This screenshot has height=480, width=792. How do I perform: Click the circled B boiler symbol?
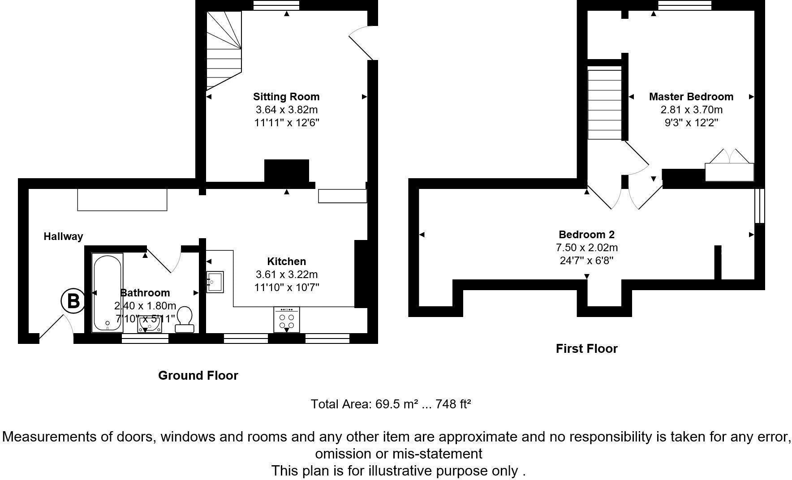coord(73,301)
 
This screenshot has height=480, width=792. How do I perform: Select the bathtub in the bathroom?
coord(108,292)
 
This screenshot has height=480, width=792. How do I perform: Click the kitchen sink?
coord(215,282)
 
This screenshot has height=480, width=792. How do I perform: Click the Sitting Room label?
coord(286,96)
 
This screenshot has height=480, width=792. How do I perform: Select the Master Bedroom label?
coord(691,96)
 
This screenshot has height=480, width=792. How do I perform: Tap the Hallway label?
coord(63,236)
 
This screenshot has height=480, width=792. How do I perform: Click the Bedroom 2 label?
coord(586,234)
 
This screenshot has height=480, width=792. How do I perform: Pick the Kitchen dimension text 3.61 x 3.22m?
coord(286,274)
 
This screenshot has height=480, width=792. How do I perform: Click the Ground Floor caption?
coord(198,375)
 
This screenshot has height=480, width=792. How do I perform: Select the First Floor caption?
coord(586,348)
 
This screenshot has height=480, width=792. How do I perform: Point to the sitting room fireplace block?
coord(287,171)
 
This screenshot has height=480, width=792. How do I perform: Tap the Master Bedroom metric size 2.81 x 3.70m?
coord(691,110)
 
